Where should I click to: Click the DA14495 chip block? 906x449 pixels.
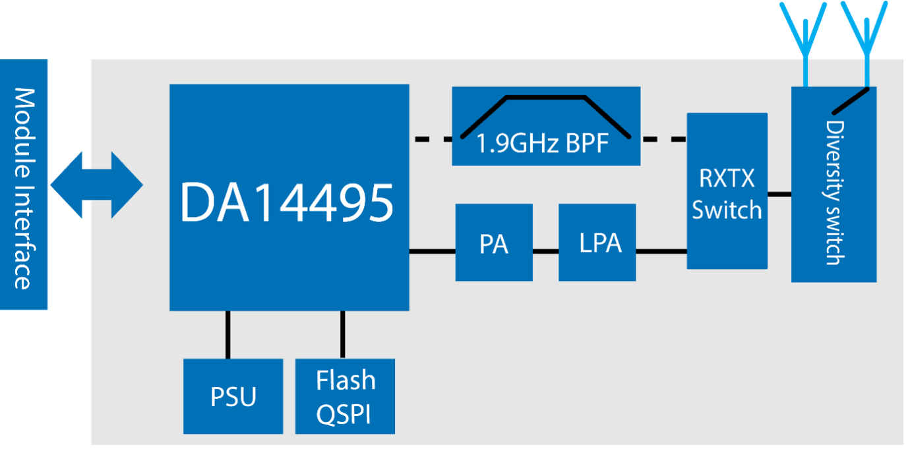click(289, 197)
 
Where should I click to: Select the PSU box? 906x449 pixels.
click(233, 396)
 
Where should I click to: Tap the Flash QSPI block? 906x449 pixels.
click(345, 396)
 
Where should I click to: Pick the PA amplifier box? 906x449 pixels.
click(494, 243)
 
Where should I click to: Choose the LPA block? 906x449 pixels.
click(597, 243)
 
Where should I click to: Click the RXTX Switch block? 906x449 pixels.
click(727, 191)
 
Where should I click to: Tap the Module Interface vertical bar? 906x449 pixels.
click(24, 185)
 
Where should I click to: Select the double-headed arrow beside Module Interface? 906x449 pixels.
click(96, 185)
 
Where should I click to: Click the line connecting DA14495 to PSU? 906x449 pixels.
click(228, 334)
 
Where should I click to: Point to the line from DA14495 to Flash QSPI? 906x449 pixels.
click(343, 334)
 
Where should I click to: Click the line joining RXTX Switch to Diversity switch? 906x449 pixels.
click(779, 195)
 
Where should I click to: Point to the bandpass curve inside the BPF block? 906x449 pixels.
click(545, 98)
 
